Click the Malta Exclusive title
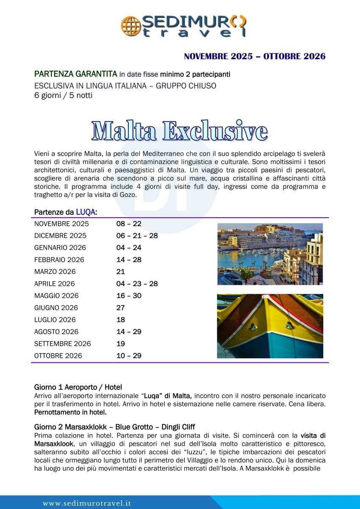(180, 131)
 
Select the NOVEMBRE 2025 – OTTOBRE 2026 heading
(255, 56)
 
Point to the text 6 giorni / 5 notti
(63, 95)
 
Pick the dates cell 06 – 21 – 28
(137, 235)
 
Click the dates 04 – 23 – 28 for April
(137, 284)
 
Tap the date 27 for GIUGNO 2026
(121, 307)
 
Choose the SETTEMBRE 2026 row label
(62, 343)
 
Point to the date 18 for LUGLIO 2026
(121, 320)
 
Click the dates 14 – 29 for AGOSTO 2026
(129, 332)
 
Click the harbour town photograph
(270, 254)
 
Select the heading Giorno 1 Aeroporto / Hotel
(78, 387)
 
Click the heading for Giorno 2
(114, 426)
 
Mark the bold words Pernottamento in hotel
(70, 412)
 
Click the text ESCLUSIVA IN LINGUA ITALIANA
(92, 86)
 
